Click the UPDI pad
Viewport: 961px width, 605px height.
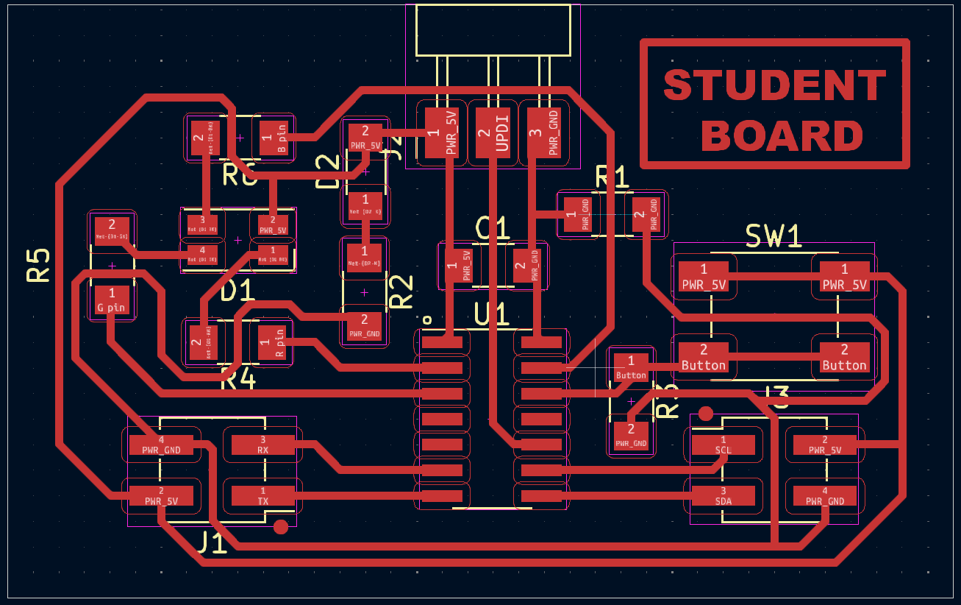pos(493,132)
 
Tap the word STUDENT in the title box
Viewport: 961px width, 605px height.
pos(775,85)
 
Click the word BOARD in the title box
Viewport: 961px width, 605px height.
pos(787,136)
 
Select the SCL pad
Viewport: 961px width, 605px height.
pos(723,445)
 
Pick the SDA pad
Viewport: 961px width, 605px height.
pos(723,496)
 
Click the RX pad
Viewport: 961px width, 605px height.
pos(262,445)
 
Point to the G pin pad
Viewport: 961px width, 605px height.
pos(112,300)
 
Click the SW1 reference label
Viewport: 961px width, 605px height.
pos(774,236)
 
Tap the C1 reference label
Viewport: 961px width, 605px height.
pos(492,228)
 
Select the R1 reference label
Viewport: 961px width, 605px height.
pos(612,177)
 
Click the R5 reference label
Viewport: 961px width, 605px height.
pos(38,265)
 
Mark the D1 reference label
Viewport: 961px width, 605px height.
pos(237,291)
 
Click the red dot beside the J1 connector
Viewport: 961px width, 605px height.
pos(280,526)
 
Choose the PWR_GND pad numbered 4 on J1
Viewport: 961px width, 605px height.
pos(161,445)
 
